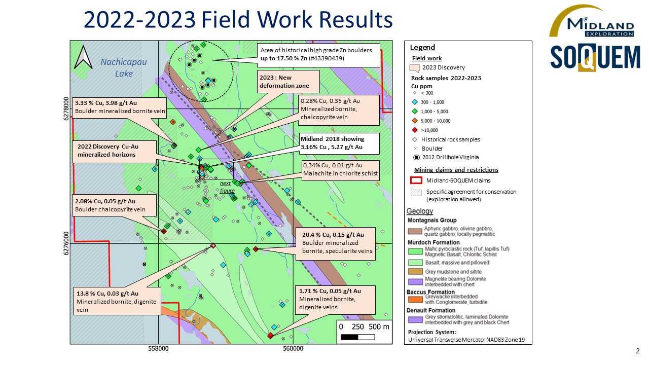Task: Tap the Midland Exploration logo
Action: tap(591, 21)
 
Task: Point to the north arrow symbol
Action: tap(82, 57)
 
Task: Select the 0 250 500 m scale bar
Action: tap(365, 332)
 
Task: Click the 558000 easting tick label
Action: tap(159, 349)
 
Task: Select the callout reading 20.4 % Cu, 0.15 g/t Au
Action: tap(335, 243)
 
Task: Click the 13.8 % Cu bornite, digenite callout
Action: tap(117, 302)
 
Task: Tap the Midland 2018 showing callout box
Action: tap(332, 143)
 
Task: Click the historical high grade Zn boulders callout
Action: tap(318, 54)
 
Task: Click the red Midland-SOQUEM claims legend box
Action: tap(416, 180)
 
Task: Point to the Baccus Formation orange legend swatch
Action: tap(416, 299)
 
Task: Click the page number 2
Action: tap(637, 351)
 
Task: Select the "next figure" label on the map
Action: tap(227, 187)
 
